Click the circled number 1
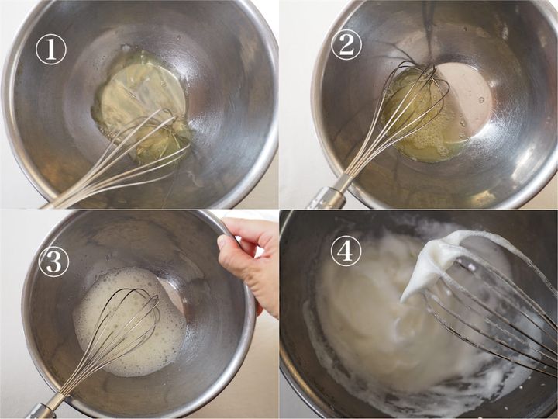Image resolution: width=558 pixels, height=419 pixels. pos(51,49)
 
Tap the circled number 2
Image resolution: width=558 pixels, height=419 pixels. pos(346,44)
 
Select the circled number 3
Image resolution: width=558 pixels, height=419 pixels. pos(53,261)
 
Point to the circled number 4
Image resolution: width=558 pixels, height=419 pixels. pos(346,251)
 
